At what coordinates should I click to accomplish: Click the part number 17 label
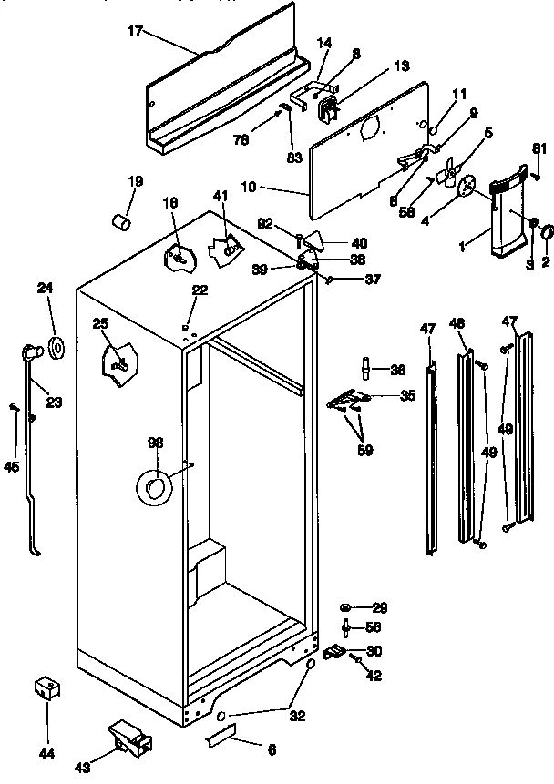(135, 33)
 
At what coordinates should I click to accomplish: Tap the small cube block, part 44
(46, 687)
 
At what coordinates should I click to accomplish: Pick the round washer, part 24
(57, 347)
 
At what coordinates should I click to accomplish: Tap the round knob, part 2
(546, 235)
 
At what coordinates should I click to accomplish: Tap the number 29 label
(379, 607)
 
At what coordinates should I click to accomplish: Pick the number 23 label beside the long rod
(54, 402)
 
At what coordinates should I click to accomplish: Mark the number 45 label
(11, 466)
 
